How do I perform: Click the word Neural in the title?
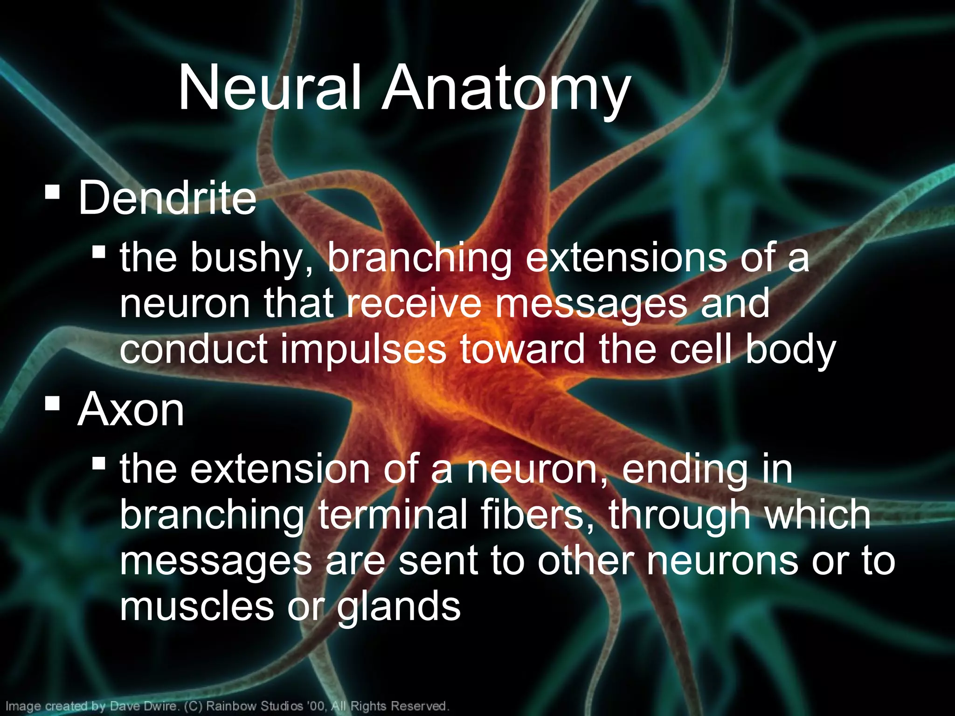[270, 88]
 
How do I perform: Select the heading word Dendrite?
[167, 198]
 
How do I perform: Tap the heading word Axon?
[131, 410]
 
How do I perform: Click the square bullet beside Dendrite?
[52, 192]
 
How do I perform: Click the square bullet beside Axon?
[52, 403]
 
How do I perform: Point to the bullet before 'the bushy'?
[98, 252]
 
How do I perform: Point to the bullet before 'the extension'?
[98, 463]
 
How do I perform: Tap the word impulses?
[363, 349]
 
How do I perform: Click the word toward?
[522, 349]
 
